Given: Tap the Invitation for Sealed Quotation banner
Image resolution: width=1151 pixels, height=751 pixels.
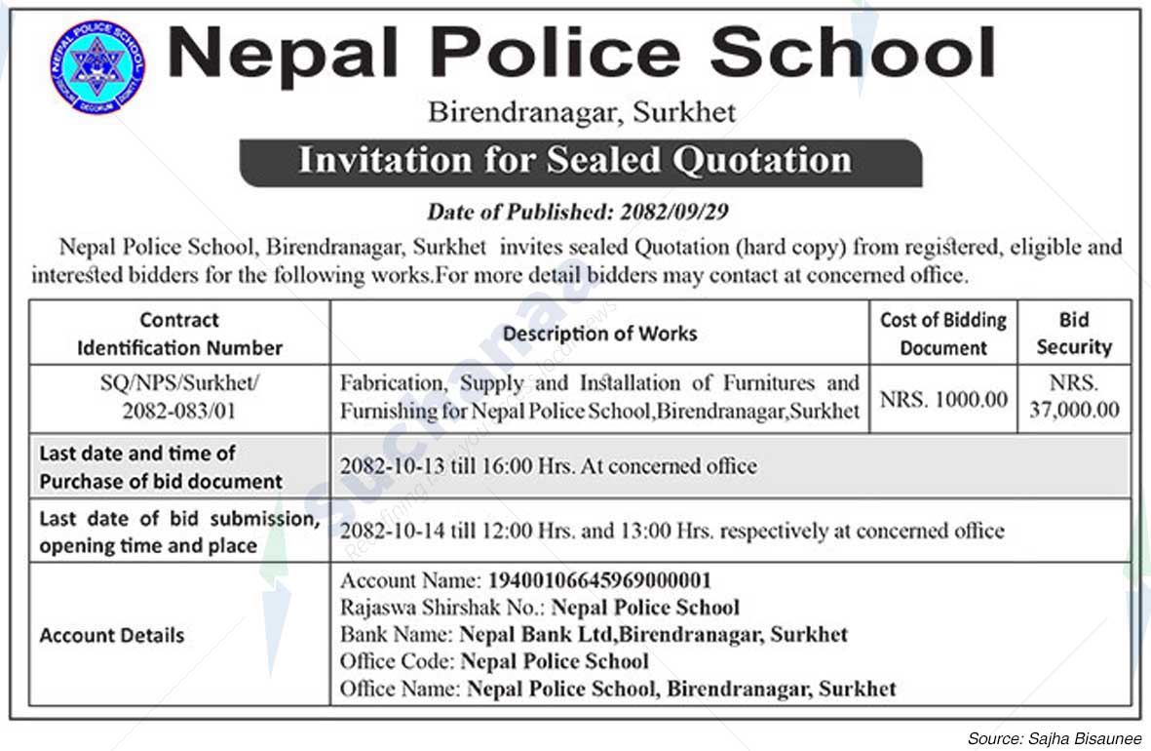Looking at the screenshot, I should pyautogui.click(x=579, y=161).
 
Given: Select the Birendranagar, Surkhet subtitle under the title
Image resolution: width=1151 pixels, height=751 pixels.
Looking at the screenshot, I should pyautogui.click(x=582, y=112).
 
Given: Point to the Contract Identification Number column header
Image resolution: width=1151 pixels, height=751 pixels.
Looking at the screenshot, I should pyautogui.click(x=179, y=334).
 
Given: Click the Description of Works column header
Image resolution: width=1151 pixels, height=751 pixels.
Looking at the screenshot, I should pyautogui.click(x=599, y=334).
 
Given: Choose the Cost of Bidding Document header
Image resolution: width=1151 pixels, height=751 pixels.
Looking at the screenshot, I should pyautogui.click(x=942, y=334).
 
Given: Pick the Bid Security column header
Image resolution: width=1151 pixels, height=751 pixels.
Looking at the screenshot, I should pyautogui.click(x=1074, y=334).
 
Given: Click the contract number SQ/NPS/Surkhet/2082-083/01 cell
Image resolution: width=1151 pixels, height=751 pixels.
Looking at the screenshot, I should pyautogui.click(x=179, y=397).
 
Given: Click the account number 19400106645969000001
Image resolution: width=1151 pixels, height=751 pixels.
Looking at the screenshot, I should pyautogui.click(x=599, y=580).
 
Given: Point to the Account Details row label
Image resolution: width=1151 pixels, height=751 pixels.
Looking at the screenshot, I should pyautogui.click(x=111, y=635).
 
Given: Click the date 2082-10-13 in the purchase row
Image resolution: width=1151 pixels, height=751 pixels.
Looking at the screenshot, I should pyautogui.click(x=384, y=466).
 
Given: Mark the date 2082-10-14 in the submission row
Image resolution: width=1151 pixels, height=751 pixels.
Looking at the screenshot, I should pyautogui.click(x=384, y=532).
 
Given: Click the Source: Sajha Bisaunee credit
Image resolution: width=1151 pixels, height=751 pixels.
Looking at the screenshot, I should pyautogui.click(x=1054, y=738).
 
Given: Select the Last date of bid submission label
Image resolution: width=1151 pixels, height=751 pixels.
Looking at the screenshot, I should pyautogui.click(x=179, y=520).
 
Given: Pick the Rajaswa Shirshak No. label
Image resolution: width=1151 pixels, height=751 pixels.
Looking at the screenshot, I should pyautogui.click(x=442, y=608).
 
